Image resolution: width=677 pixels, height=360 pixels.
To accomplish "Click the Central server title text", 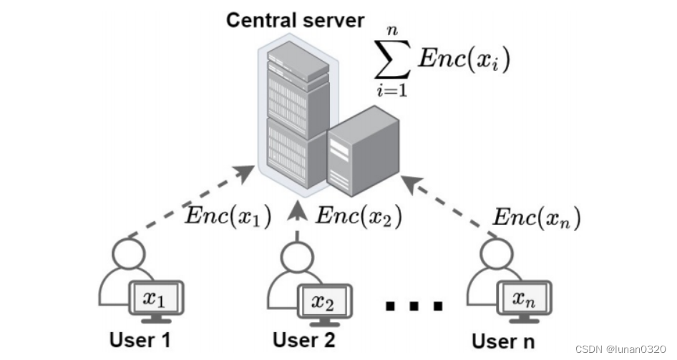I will (x=295, y=19).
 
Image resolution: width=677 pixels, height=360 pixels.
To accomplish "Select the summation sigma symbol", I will (x=392, y=60).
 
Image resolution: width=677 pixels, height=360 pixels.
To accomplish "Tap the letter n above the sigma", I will (x=392, y=30).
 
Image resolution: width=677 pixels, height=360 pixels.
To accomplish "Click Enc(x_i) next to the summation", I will (x=464, y=59).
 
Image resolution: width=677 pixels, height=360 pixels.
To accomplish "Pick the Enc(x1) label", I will (x=228, y=216).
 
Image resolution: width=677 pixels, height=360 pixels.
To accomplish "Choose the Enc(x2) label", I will (x=359, y=214).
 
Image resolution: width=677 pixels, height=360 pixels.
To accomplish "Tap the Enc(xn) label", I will (x=537, y=215).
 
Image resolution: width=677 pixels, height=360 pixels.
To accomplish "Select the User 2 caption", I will (x=304, y=339).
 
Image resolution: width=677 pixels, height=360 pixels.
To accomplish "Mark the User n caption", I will (x=503, y=339).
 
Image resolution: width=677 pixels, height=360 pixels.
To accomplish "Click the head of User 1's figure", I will (x=129, y=253).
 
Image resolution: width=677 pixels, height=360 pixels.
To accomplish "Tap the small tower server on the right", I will (x=361, y=150).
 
